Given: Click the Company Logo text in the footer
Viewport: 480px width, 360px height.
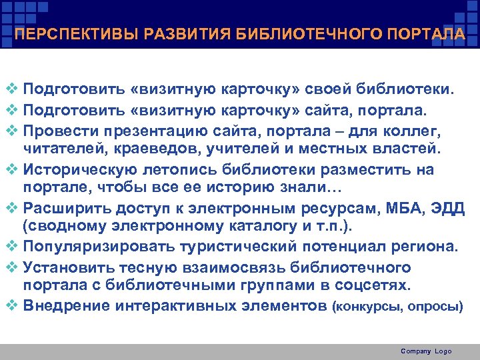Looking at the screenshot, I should pyautogui.click(x=426, y=351).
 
